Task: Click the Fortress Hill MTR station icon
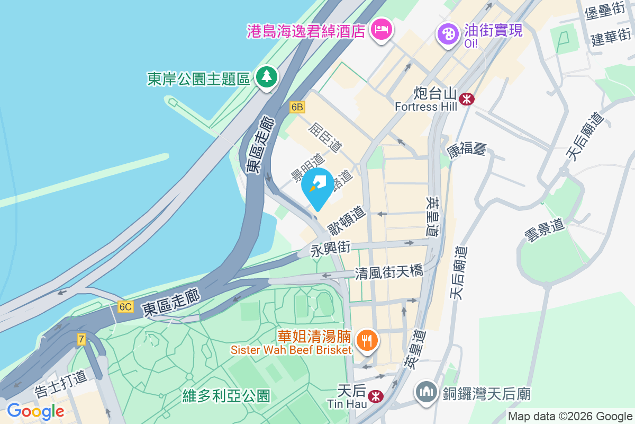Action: click(467, 99)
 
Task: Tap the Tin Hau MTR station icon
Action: click(376, 396)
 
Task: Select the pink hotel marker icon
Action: click(382, 29)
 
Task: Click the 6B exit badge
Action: click(297, 107)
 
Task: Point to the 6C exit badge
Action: click(125, 307)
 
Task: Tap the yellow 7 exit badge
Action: click(81, 339)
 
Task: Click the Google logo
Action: click(35, 411)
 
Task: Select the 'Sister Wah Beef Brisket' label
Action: click(291, 350)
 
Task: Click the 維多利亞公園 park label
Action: click(226, 395)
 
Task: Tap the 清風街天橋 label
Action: click(389, 272)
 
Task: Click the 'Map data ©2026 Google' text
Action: click(570, 416)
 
